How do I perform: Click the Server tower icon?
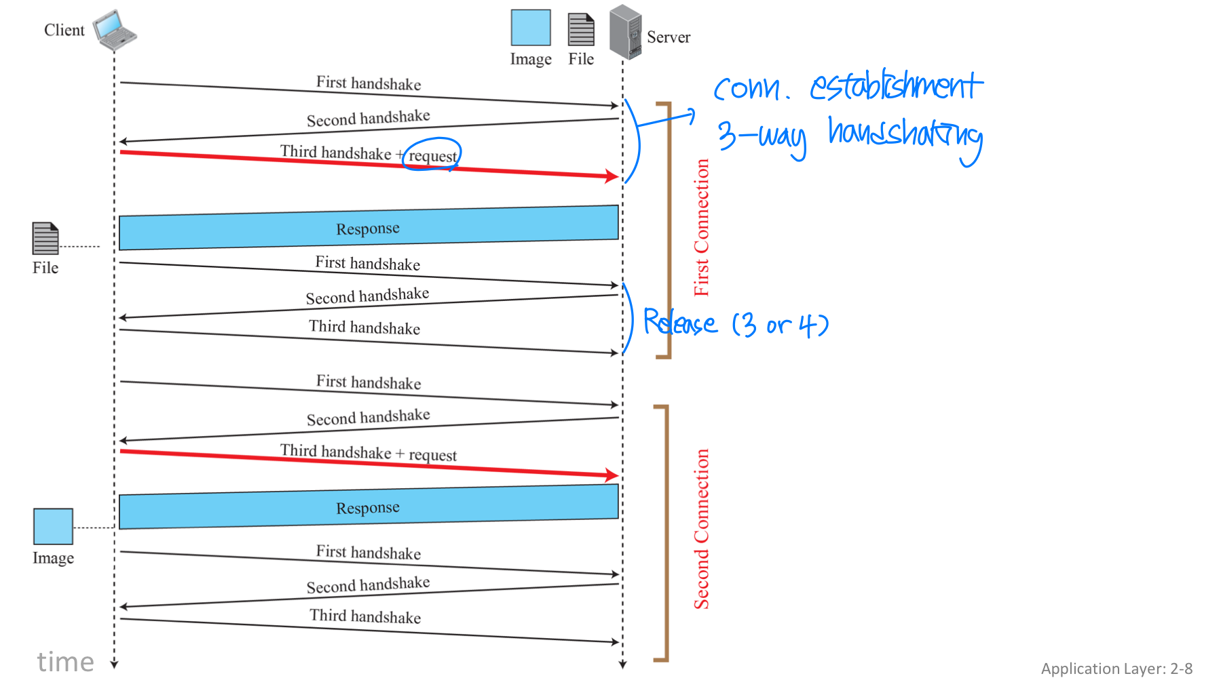(x=625, y=32)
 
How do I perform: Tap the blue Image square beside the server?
(x=531, y=28)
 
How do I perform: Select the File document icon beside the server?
(x=581, y=30)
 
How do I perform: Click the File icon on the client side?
(x=45, y=238)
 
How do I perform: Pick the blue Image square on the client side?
(x=53, y=526)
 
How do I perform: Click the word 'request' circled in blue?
(x=432, y=156)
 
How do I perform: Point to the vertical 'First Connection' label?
(x=701, y=228)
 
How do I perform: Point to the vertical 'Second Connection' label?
(x=701, y=529)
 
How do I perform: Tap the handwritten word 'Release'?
(x=679, y=322)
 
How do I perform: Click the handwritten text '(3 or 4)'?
(x=781, y=325)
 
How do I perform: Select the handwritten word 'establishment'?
(x=896, y=86)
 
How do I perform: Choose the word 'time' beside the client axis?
(x=65, y=662)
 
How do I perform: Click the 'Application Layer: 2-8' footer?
(x=1116, y=669)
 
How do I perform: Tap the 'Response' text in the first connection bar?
(x=368, y=228)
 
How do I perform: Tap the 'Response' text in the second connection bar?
(x=368, y=508)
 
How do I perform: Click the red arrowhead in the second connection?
(x=612, y=475)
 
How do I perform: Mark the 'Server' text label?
(x=669, y=37)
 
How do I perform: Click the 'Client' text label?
(x=64, y=31)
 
